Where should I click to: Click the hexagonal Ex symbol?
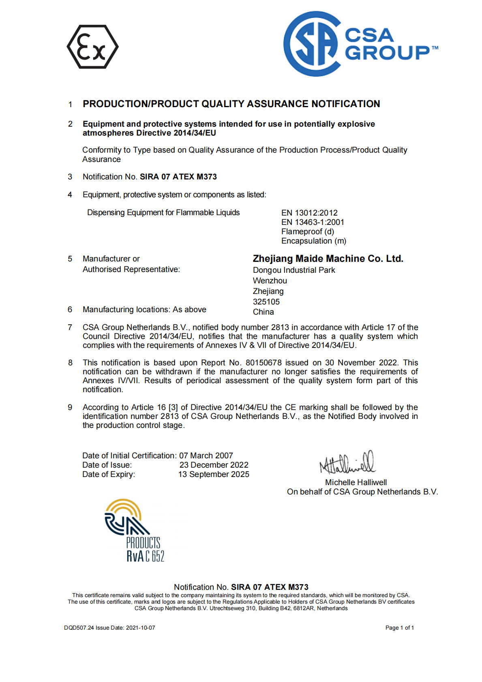[92, 47]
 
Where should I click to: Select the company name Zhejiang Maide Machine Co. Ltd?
[328, 259]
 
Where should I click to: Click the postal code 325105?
[266, 302]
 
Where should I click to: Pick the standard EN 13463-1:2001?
[313, 222]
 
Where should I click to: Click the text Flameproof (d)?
[307, 231]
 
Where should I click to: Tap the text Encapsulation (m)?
[313, 241]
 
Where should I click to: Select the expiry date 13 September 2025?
[214, 474]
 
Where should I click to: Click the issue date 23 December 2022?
[214, 465]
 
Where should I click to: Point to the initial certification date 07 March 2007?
[206, 455]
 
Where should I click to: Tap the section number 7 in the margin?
[70, 327]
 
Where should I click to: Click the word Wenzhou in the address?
[270, 281]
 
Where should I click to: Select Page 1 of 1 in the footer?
[399, 628]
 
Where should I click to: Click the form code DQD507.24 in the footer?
[79, 628]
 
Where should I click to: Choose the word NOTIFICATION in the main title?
[345, 104]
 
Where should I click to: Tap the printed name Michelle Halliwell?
[356, 482]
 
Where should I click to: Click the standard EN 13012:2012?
[309, 213]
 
